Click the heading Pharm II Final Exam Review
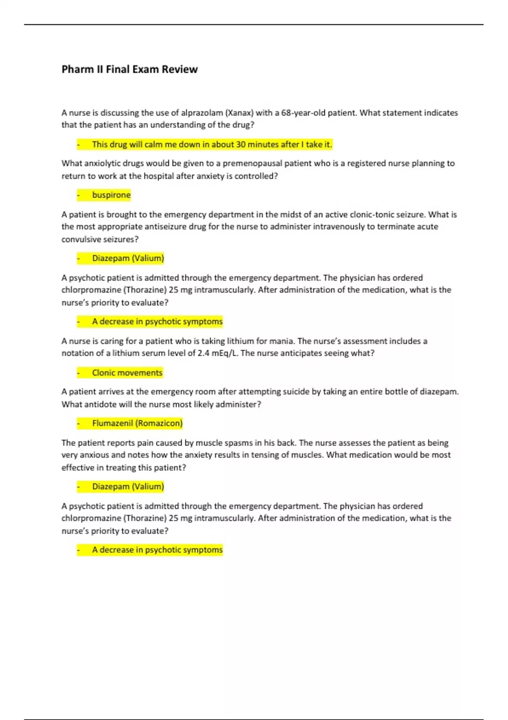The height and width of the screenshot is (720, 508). pos(130,69)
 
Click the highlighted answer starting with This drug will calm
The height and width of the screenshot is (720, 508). pos(212,144)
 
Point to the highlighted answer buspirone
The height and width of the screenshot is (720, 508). pos(111,195)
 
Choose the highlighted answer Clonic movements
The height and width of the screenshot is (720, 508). pos(127,373)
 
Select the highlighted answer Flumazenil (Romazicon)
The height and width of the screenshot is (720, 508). pos(137,424)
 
